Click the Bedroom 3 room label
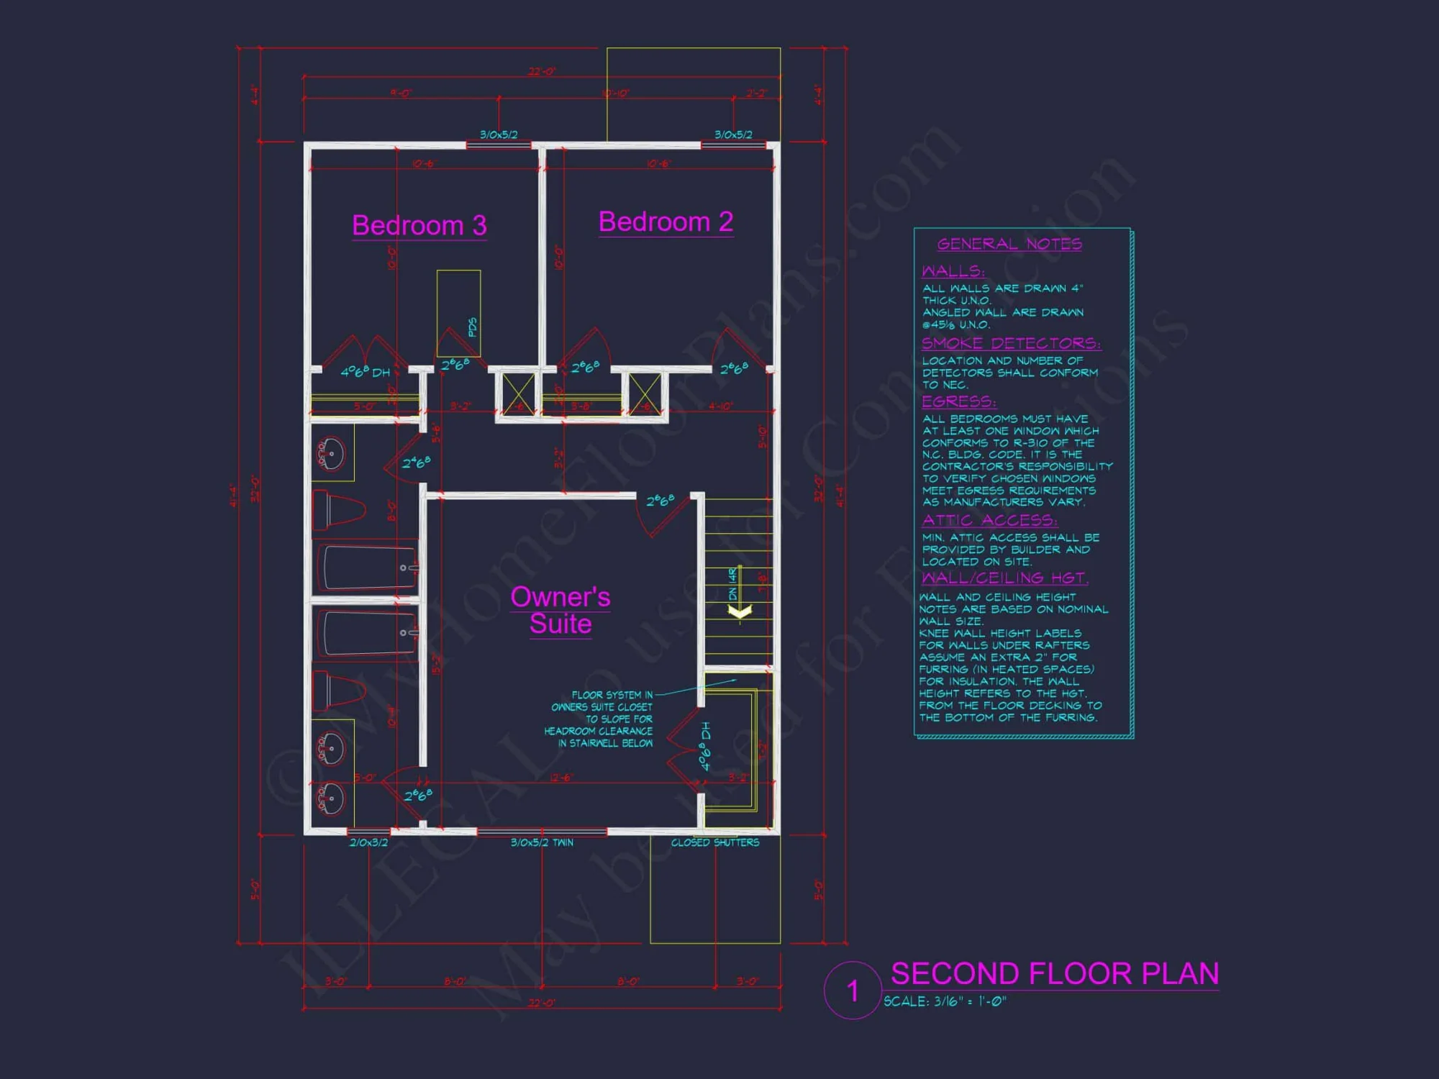(419, 226)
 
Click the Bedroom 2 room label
(666, 222)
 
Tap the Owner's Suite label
(560, 610)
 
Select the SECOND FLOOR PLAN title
(1054, 973)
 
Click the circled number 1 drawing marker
(853, 991)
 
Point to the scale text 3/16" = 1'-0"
(945, 1001)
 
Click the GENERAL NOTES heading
(1009, 244)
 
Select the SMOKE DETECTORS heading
(1010, 343)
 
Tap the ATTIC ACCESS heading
(989, 520)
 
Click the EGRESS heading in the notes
(958, 401)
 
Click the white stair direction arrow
(740, 611)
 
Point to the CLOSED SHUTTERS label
(714, 842)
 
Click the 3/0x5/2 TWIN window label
(542, 842)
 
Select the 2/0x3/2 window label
(368, 842)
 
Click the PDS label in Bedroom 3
(472, 327)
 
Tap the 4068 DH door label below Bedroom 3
(365, 372)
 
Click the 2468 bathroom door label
(416, 463)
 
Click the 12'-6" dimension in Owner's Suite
(561, 778)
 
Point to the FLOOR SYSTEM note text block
(599, 719)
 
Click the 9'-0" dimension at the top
(401, 94)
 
